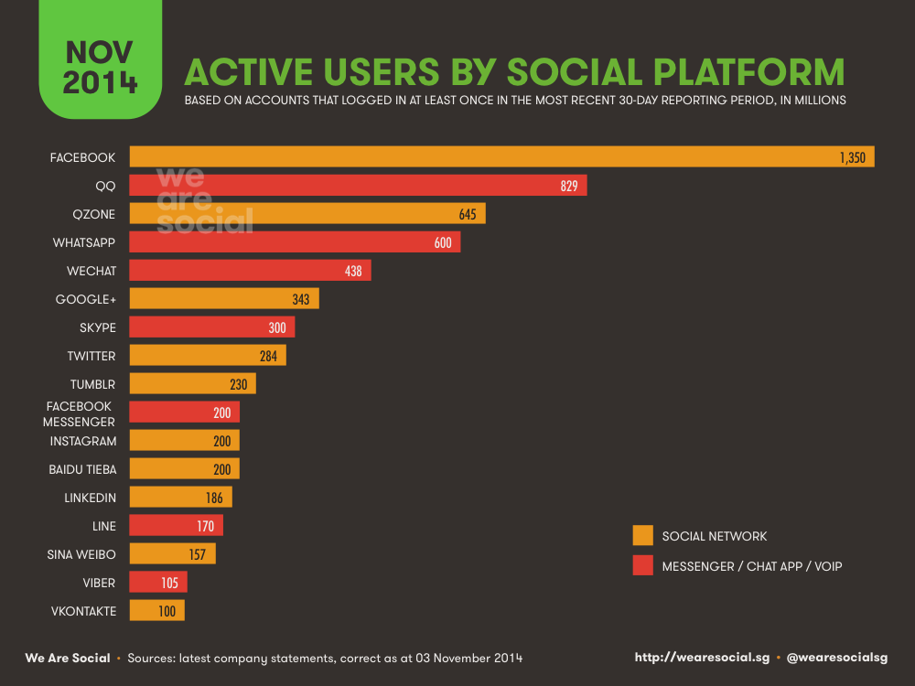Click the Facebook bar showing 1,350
(x=501, y=157)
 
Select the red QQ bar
(x=358, y=186)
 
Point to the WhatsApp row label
(x=84, y=242)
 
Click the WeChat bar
(x=250, y=271)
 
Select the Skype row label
(x=98, y=327)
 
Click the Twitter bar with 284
(x=208, y=355)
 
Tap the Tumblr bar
(x=192, y=384)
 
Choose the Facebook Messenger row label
(x=81, y=413)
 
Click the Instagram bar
(x=184, y=441)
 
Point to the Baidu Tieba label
(x=82, y=469)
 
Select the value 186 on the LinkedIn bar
(x=215, y=498)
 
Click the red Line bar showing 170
(x=176, y=526)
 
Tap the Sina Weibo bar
(x=172, y=554)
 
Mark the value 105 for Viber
(x=169, y=583)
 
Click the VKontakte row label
(x=82, y=611)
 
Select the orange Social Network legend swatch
(x=642, y=536)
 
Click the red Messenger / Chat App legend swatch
(x=642, y=566)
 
